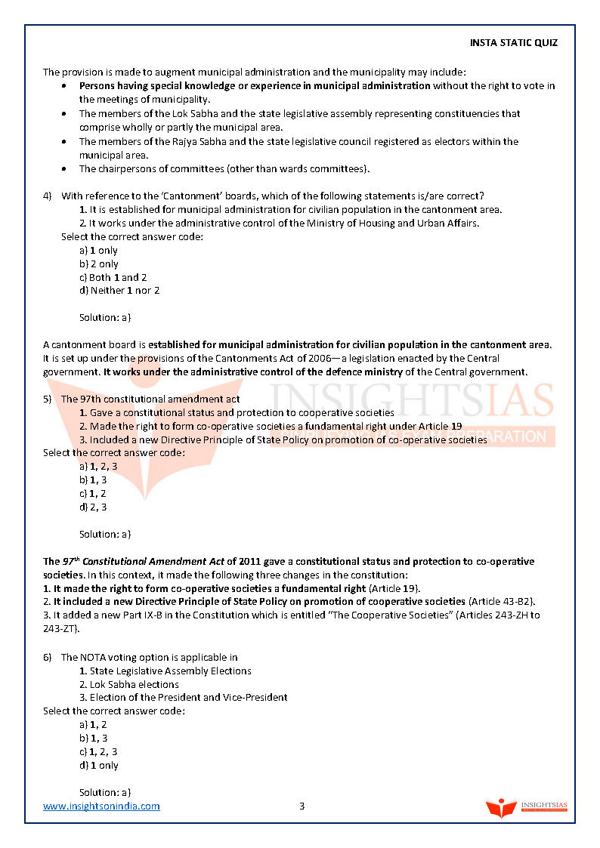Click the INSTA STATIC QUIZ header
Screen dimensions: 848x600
[x=513, y=42]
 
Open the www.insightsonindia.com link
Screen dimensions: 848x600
[x=101, y=806]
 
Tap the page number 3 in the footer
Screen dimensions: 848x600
[x=302, y=806]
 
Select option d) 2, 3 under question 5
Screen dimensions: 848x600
[x=93, y=507]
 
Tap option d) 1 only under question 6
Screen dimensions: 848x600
[x=98, y=766]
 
